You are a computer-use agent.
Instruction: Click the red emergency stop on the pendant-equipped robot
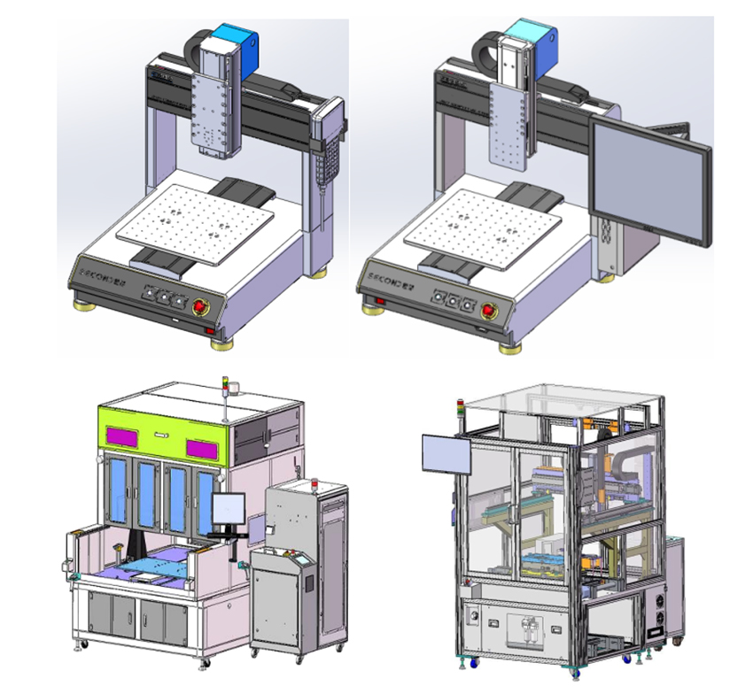tap(201, 307)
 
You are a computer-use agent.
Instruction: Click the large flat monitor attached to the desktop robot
tap(651, 181)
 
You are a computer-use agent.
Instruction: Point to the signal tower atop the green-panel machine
tap(226, 386)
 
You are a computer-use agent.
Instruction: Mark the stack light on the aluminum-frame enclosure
tap(460, 409)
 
